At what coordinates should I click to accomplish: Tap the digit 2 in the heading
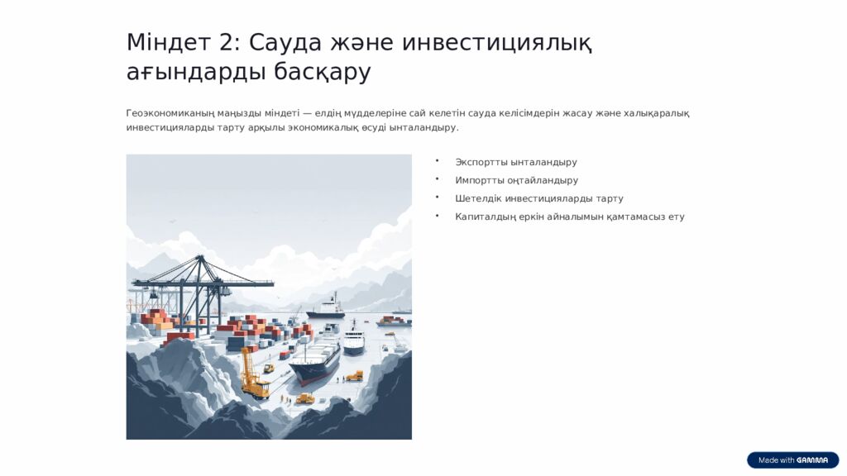tap(229, 42)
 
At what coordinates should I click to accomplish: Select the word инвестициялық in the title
tap(496, 42)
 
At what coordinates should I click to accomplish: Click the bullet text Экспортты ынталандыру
tap(516, 163)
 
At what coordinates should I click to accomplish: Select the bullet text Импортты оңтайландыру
tap(516, 181)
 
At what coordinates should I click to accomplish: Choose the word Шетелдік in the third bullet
tap(478, 199)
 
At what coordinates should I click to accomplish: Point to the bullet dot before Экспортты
tap(437, 161)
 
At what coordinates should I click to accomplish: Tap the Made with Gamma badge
tap(792, 460)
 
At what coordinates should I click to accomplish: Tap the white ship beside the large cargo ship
tap(353, 338)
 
